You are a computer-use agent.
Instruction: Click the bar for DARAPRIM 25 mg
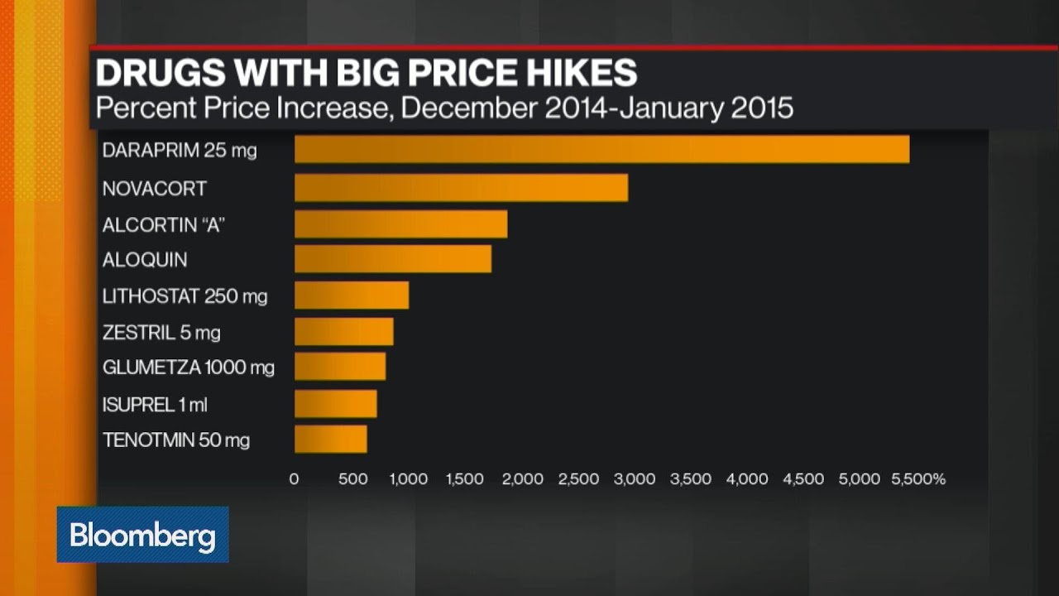[601, 150]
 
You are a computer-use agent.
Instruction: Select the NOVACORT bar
[461, 188]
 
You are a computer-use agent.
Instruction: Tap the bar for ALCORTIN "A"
[400, 224]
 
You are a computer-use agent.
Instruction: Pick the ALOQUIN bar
[393, 259]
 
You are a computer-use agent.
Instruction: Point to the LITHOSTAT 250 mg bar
[352, 296]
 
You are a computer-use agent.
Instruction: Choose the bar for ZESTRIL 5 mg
[343, 332]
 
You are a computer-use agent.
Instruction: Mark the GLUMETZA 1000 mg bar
[340, 367]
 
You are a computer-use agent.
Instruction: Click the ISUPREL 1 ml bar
[335, 404]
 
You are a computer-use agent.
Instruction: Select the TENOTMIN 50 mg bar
[330, 440]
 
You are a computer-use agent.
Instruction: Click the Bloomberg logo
[142, 536]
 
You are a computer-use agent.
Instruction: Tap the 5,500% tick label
[919, 479]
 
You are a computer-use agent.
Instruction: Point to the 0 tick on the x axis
[294, 479]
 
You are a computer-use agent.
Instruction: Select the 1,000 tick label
[408, 479]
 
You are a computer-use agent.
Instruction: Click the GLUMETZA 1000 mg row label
[188, 367]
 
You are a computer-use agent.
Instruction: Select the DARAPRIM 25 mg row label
[180, 151]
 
